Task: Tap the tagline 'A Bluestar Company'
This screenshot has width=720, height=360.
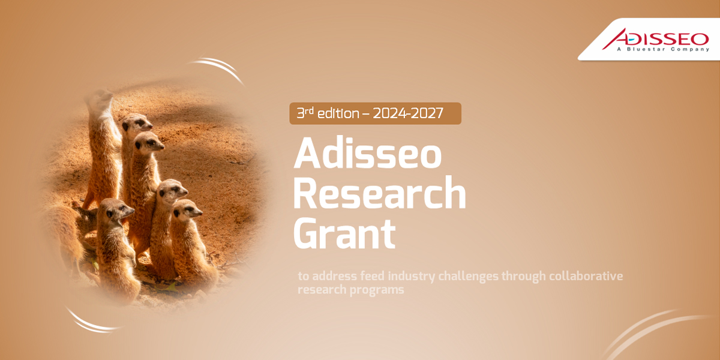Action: (662, 49)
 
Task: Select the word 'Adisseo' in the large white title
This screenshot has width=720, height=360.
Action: (367, 154)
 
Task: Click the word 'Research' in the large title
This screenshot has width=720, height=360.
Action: (379, 193)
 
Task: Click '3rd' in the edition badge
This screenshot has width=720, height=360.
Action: (306, 113)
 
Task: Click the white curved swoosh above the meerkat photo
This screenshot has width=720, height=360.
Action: (219, 68)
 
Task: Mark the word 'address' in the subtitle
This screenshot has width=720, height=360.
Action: (336, 277)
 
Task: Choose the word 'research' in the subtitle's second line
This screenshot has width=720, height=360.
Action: (323, 290)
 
